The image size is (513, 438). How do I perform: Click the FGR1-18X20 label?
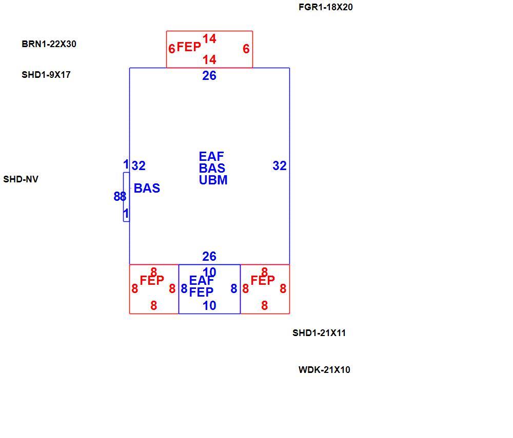[326, 7]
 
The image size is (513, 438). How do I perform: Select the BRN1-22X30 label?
[49, 44]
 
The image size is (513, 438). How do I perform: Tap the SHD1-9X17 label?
[46, 75]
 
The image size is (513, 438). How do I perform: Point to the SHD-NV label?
[21, 179]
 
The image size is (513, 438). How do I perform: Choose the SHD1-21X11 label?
[319, 333]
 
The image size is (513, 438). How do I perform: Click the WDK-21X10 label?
[324, 370]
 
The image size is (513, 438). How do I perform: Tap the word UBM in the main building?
[213, 180]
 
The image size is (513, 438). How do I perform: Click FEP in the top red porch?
[189, 47]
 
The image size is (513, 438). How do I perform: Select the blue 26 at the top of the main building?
[209, 76]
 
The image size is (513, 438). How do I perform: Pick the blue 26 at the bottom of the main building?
[209, 257]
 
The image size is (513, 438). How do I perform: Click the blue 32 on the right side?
[280, 166]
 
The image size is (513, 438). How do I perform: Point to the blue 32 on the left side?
[139, 166]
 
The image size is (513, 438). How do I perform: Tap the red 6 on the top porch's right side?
[246, 49]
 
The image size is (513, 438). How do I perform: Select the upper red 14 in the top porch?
[209, 39]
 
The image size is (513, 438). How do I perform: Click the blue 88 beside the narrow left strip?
[120, 197]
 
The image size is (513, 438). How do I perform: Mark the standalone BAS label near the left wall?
[147, 189]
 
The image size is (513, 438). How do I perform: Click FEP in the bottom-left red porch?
[152, 281]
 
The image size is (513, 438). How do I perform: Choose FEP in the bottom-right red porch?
[263, 281]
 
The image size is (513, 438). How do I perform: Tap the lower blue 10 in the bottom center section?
[209, 306]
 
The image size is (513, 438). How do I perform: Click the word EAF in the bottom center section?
[202, 281]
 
